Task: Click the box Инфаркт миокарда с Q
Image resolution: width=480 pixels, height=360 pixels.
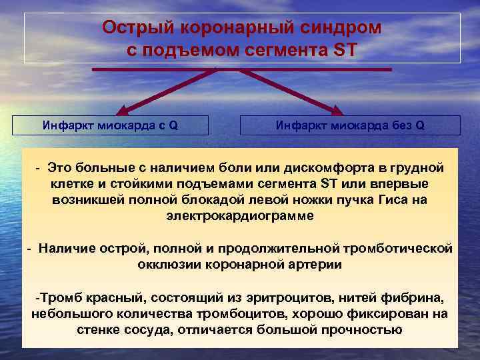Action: [x=111, y=125]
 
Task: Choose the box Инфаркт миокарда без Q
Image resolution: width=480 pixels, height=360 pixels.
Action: [x=350, y=125]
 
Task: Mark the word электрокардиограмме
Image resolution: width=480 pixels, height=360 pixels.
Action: [x=239, y=216]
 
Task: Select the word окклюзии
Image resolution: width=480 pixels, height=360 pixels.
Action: [x=163, y=264]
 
